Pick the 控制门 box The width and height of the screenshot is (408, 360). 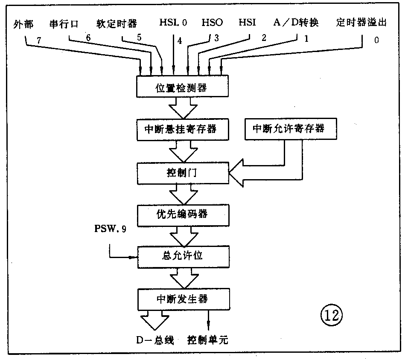182,173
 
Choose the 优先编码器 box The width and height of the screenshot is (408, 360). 182,213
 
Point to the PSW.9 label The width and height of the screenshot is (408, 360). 110,229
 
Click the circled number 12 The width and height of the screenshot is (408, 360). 331,315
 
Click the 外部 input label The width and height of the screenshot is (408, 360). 23,23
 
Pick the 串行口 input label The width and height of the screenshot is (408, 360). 64,23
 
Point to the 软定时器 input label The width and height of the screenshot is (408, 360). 117,23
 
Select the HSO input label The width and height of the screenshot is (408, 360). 212,22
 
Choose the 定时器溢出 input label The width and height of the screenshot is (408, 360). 361,22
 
